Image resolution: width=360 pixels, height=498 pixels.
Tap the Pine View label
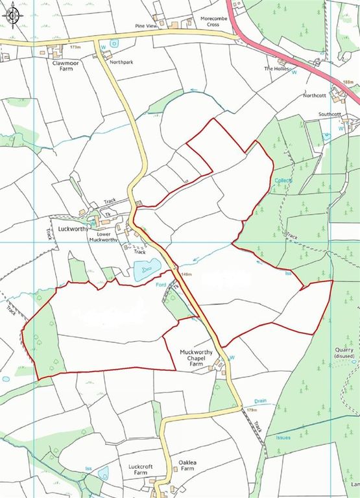147,26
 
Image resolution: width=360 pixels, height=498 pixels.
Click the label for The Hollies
275,68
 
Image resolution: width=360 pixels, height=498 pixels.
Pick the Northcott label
315,95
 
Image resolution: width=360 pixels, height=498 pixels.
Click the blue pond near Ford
147,268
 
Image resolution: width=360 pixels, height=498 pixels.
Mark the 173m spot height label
77,47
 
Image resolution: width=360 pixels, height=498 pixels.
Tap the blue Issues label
283,438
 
